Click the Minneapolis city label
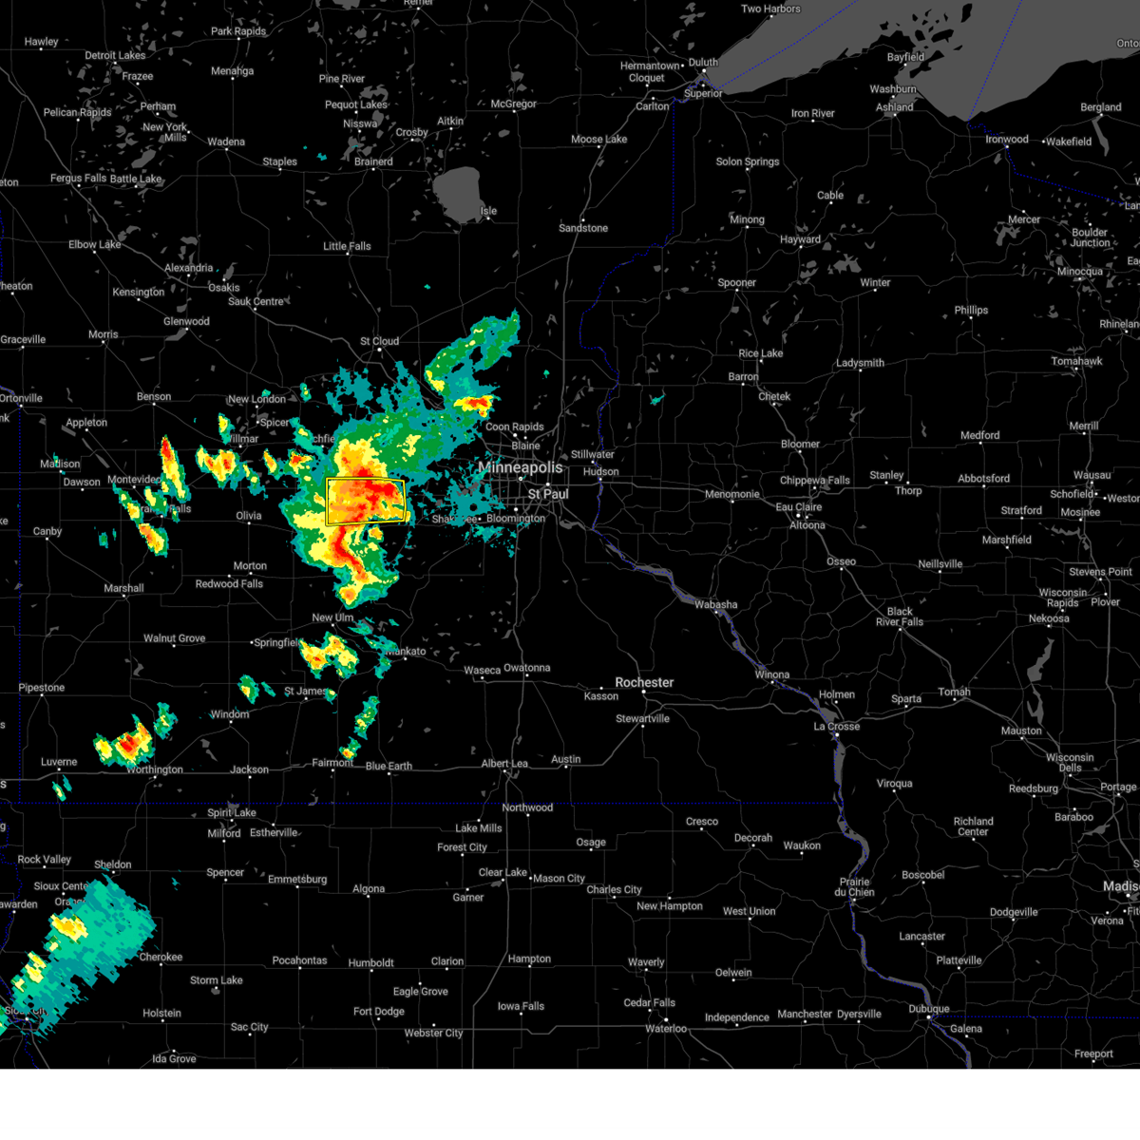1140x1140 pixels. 520,467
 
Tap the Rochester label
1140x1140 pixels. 644,682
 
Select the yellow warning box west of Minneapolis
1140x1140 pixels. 366,502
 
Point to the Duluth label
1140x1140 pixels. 703,63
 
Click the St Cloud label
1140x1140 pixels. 379,341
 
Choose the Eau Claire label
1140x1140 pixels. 798,507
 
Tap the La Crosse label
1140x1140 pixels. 836,726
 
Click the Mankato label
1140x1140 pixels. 406,652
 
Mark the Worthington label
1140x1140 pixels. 155,769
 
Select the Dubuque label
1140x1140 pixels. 928,1009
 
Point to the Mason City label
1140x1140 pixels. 559,879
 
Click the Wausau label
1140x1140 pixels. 1092,475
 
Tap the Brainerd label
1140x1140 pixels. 373,161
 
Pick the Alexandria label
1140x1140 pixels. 188,268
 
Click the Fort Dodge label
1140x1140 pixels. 378,1012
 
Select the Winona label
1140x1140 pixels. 771,674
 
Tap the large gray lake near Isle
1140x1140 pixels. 459,191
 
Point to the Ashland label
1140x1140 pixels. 894,107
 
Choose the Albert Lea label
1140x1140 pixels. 503,764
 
